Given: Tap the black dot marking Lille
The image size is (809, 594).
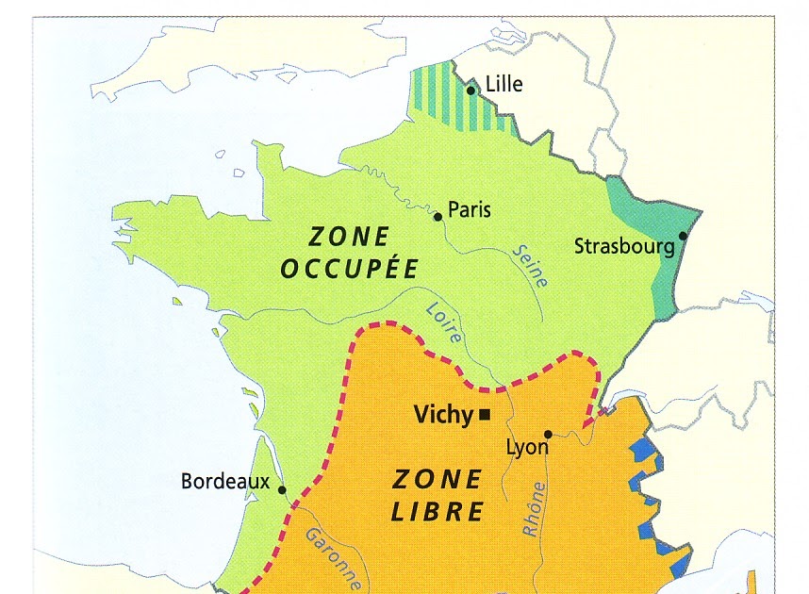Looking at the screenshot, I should [471, 91].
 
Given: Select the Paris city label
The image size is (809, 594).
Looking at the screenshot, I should [470, 209].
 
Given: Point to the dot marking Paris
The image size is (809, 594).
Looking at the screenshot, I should [438, 217].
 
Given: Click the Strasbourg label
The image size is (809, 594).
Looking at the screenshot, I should [624, 247].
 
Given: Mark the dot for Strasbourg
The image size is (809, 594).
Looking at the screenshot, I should [683, 237].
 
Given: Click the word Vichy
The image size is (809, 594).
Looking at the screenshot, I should [445, 414].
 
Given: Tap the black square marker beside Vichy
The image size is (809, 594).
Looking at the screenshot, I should [485, 414].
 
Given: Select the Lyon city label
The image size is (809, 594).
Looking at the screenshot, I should [527, 447].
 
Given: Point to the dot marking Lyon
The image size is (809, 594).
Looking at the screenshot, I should [548, 435].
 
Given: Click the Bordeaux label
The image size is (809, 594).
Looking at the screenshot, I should [225, 482].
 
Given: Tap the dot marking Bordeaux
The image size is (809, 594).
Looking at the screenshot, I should [281, 489].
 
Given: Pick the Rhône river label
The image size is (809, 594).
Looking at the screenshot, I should [534, 509].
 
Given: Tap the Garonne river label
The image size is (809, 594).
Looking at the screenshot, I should [331, 558].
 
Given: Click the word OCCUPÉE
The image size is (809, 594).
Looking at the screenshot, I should [350, 268].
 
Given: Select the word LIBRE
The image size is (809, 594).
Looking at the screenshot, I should [438, 512].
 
